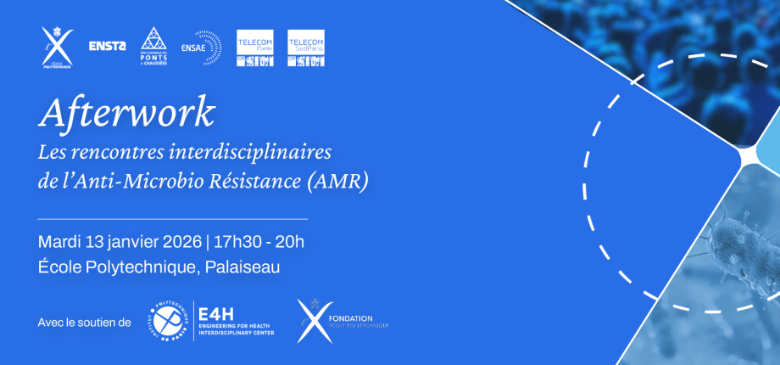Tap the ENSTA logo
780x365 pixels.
pos(107,46)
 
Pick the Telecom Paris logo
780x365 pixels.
pos(255,48)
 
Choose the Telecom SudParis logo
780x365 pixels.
pos(306,48)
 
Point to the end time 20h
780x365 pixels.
pos(289,241)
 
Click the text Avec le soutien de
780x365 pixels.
pos(85,323)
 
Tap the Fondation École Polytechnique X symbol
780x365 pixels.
pos(311,320)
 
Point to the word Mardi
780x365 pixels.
pos(60,241)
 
